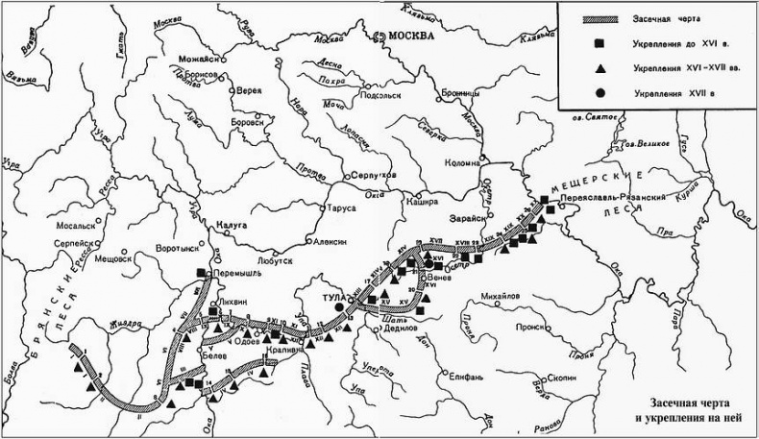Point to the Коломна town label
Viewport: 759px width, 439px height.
coord(461,162)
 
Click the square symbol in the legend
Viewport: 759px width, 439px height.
coord(599,44)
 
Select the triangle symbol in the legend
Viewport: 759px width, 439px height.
coord(599,68)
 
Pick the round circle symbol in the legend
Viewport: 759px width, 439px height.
coord(599,93)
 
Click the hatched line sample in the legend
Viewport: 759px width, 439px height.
coord(598,18)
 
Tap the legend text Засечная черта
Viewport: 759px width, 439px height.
coord(665,19)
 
